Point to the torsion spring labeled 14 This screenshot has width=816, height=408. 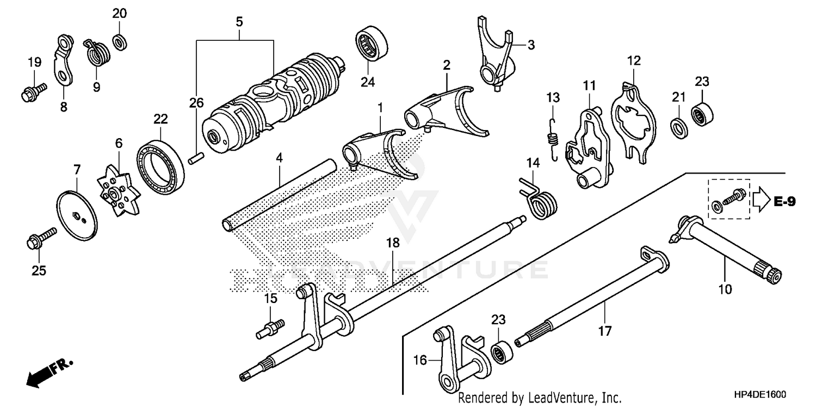click(x=540, y=199)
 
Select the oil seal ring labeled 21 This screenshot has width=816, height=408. click(x=678, y=127)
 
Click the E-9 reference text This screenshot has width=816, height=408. click(x=784, y=202)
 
